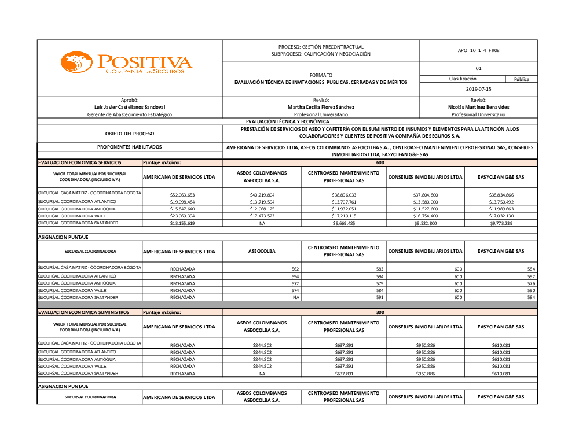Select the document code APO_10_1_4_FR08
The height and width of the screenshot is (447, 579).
[x=478, y=51]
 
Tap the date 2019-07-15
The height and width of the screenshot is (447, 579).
[x=478, y=89]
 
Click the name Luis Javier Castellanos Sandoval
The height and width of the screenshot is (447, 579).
[x=130, y=107]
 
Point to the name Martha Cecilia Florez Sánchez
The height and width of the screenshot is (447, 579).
[x=321, y=107]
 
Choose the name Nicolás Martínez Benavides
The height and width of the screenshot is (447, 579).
[x=478, y=107]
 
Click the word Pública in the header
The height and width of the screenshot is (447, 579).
[x=522, y=79]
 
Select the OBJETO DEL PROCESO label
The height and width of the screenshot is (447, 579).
[x=130, y=134]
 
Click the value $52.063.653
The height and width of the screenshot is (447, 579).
[x=182, y=195]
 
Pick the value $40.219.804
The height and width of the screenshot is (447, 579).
[x=262, y=195]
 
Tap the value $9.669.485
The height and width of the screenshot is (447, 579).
[x=344, y=223]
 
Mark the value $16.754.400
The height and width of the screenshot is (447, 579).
[x=426, y=216]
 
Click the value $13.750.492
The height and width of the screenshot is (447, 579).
[x=501, y=202]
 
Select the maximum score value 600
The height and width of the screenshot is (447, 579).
[x=380, y=162]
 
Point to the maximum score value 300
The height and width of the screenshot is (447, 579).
[x=380, y=312]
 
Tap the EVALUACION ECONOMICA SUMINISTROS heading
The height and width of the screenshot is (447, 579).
[x=83, y=312]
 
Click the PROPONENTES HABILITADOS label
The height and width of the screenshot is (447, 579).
[x=130, y=147]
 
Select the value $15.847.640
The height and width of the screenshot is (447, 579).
[x=182, y=209]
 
